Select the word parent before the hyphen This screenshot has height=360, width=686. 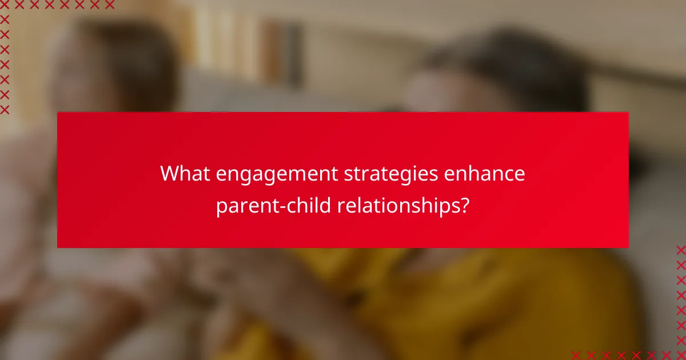click(x=244, y=205)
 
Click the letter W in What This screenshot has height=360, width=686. click(x=169, y=173)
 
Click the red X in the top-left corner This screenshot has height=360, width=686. click(x=5, y=5)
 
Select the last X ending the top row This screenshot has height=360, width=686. click(x=109, y=5)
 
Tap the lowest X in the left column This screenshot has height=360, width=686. click(x=5, y=109)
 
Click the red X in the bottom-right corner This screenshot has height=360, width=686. click(x=681, y=355)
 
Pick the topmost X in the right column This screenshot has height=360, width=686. click(x=681, y=250)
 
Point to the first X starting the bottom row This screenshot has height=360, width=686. click(x=576, y=355)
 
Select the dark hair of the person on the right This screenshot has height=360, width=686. click(x=503, y=63)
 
